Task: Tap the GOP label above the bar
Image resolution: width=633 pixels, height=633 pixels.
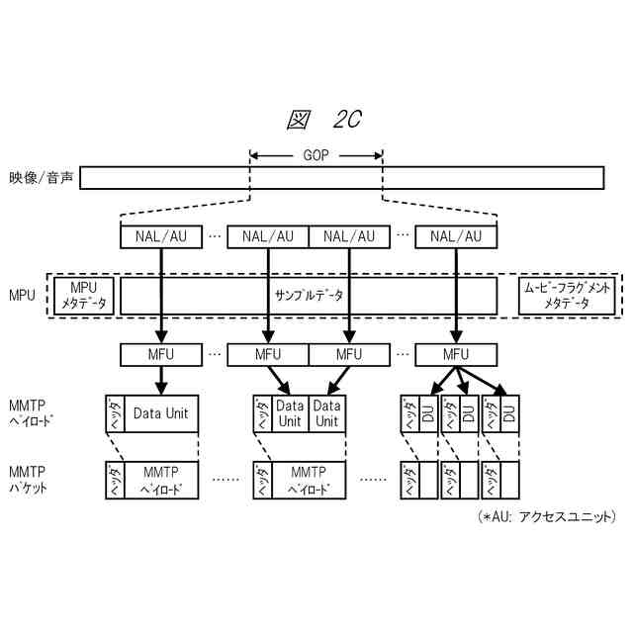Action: click(x=316, y=155)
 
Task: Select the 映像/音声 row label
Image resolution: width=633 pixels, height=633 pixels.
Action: click(x=41, y=179)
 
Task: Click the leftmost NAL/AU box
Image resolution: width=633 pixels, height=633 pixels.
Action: click(x=160, y=236)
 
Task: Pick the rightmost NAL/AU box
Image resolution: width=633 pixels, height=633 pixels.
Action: click(x=455, y=236)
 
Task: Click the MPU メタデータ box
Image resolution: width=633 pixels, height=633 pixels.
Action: click(x=84, y=295)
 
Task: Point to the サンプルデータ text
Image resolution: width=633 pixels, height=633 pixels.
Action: click(x=307, y=295)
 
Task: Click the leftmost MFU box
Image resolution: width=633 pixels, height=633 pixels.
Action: click(x=160, y=353)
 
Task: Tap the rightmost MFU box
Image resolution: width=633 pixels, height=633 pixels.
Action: click(x=455, y=353)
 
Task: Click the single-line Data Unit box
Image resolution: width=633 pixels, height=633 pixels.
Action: click(x=160, y=413)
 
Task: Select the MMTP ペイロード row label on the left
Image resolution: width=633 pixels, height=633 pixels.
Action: click(x=31, y=413)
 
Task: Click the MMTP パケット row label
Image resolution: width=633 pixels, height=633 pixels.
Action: click(x=31, y=480)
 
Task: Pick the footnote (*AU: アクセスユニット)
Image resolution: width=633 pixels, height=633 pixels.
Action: click(x=546, y=517)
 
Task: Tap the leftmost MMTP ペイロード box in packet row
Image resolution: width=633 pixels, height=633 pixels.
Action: click(x=160, y=480)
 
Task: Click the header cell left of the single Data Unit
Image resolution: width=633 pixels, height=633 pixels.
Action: click(x=114, y=413)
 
